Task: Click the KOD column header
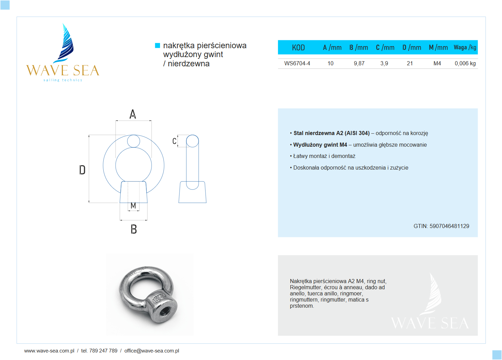tap(298, 48)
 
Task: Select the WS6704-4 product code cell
tap(297, 63)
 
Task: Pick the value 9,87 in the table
tap(359, 63)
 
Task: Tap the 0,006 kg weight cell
tap(465, 63)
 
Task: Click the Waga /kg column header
tap(465, 48)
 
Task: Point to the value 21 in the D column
tap(410, 63)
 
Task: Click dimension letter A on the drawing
tap(133, 114)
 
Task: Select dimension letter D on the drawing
tap(82, 170)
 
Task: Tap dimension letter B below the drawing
tap(134, 229)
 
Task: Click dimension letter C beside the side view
tap(174, 141)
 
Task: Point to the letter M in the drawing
tap(133, 205)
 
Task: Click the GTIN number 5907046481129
tap(449, 226)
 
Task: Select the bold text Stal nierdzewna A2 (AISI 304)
tap(331, 133)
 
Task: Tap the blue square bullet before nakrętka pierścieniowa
tap(158, 45)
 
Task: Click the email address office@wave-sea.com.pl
tap(151, 351)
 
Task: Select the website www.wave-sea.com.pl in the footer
tap(49, 351)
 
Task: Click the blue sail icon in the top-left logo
tap(66, 43)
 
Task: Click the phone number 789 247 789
tap(103, 351)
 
